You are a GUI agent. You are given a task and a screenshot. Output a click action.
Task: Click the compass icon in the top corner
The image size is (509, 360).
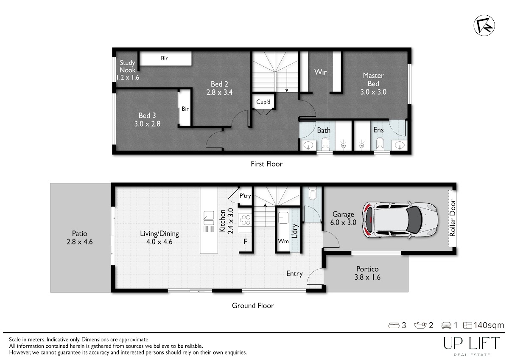coord(484,25)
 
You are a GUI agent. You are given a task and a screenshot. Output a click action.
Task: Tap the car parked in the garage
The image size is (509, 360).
coord(400,219)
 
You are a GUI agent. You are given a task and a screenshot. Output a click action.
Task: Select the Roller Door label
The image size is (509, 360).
coord(453,218)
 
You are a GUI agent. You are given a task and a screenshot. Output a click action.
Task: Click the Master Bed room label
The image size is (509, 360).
coord(373,79)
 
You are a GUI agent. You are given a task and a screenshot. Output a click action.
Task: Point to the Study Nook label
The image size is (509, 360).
coord(127,66)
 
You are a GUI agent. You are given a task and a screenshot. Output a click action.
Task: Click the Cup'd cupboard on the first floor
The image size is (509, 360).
coord(263,101)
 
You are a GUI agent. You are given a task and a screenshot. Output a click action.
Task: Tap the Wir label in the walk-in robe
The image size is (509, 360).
coord(320,72)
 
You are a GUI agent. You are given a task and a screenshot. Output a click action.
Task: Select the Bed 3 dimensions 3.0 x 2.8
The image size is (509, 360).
coord(147,124)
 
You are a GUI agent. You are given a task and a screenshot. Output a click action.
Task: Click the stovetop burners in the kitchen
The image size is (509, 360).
coord(246,220)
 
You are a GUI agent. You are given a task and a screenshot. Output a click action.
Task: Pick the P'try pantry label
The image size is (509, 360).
coord(245,196)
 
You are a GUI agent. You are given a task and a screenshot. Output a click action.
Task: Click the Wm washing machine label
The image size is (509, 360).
coord(283,241)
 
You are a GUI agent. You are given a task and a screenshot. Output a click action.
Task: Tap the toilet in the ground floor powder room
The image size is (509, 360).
coord(313,193)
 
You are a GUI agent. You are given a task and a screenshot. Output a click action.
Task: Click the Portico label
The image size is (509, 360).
coord(367,269)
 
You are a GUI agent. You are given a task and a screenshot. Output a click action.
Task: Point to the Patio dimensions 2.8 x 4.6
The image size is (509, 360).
coord(80,242)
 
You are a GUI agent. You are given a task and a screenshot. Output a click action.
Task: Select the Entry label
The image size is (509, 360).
coord(294,273)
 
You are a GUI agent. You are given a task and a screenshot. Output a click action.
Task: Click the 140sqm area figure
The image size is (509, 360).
coord(489,325)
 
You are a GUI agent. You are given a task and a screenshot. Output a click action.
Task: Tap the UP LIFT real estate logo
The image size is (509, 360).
coord(472,346)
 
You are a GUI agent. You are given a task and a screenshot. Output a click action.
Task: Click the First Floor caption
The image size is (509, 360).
coord(266,164)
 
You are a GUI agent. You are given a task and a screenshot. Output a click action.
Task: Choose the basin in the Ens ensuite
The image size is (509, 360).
coord(400,145)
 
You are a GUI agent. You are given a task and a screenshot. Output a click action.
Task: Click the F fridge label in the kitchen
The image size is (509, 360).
coord(245,241)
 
